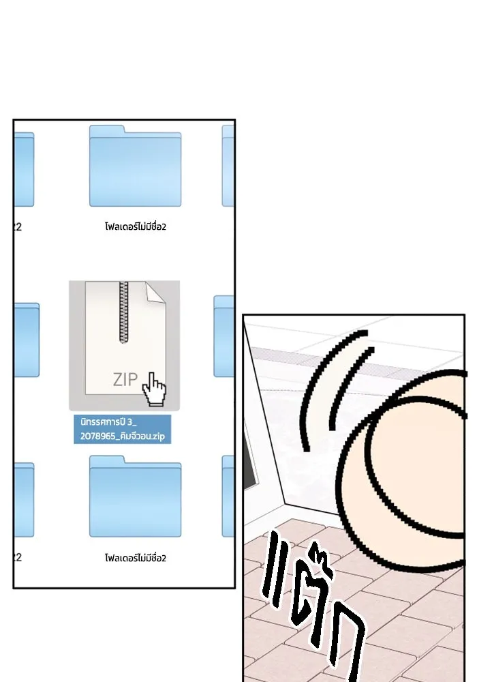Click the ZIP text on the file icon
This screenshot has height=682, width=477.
tap(125, 379)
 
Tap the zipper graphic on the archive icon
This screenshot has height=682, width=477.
tap(124, 312)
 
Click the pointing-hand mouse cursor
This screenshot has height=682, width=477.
tap(154, 389)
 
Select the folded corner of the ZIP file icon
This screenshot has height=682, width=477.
tap(155, 292)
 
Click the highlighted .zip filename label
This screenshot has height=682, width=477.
tap(123, 429)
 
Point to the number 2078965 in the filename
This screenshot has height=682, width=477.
tap(97, 436)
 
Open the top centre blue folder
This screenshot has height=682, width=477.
tap(135, 166)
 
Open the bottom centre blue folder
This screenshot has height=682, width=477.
tap(135, 496)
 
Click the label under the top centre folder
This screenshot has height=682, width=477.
tap(136, 226)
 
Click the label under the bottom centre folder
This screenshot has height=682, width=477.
tap(136, 558)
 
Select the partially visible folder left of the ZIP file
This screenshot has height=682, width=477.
tap(27, 340)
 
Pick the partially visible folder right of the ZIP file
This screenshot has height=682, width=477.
tap(224, 336)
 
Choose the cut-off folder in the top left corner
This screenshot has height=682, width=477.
tap(24, 169)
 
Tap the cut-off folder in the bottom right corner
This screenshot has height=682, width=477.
tap(228, 496)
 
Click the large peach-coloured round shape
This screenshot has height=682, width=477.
tap(413, 474)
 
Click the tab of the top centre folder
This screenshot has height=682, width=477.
tap(107, 129)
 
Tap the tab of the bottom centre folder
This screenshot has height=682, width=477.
tap(107, 459)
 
